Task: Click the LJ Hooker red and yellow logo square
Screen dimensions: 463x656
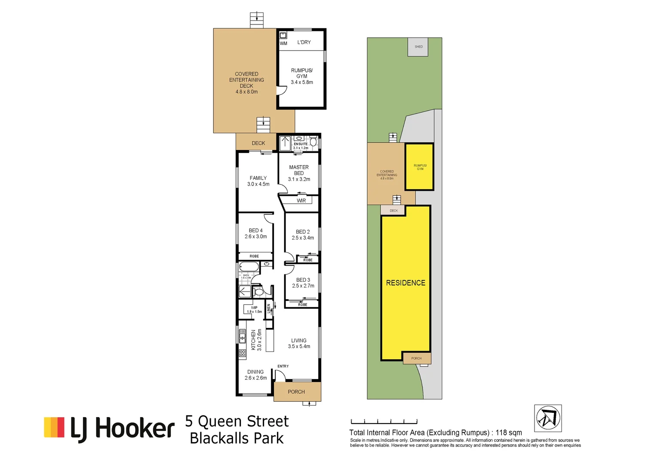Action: [54, 427]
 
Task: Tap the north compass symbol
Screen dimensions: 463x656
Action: [548, 418]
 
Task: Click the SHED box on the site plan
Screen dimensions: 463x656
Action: [418, 47]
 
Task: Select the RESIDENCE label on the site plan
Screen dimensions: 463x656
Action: [405, 283]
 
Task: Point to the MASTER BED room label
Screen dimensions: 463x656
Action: [299, 170]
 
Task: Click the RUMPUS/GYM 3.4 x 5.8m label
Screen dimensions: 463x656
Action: [302, 76]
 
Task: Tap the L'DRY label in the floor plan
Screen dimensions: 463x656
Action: [304, 42]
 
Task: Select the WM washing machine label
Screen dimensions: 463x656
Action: [283, 43]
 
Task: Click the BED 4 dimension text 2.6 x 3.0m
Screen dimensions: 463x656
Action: [256, 237]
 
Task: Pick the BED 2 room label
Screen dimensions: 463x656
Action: [303, 232]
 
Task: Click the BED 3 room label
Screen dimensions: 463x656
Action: [303, 280]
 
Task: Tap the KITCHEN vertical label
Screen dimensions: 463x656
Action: [253, 340]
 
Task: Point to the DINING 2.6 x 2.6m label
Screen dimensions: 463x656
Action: [255, 375]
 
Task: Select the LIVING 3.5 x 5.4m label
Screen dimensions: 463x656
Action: [299, 343]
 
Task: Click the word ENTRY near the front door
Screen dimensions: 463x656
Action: [283, 366]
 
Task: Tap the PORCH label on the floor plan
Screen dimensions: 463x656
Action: [296, 392]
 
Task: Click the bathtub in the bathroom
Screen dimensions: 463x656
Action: [249, 267]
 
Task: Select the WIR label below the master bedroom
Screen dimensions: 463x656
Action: [301, 201]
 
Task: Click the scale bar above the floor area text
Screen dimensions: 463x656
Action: [384, 422]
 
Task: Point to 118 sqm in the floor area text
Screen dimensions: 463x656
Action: [509, 433]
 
